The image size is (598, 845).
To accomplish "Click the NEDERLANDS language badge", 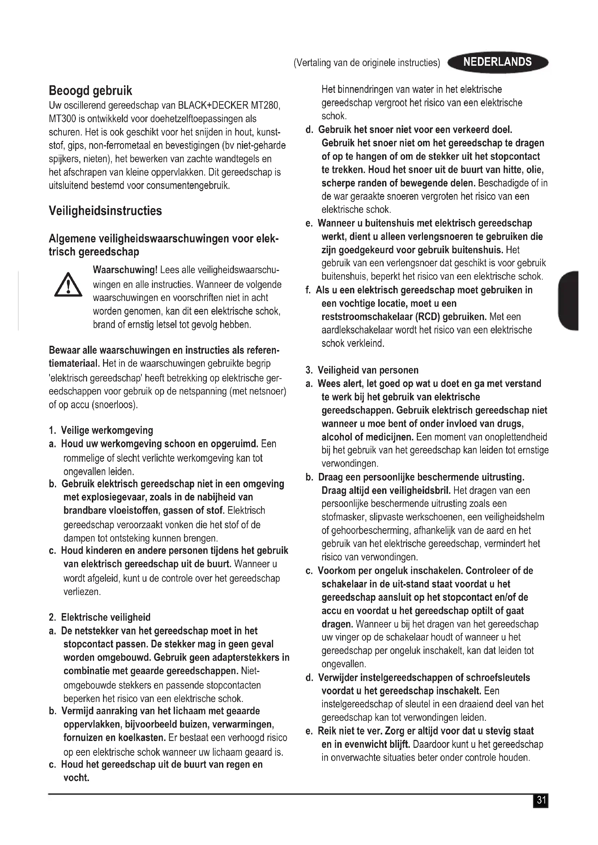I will [x=497, y=62].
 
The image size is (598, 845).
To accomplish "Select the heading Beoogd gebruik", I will [x=90, y=91].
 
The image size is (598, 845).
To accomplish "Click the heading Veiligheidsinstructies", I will [x=105, y=211].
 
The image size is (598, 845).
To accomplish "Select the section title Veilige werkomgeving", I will [x=107, y=430].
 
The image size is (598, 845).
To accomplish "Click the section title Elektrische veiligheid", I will [x=106, y=617].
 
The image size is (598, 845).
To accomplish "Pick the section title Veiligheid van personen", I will [x=368, y=370].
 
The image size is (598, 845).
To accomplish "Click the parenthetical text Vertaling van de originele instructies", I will [x=367, y=63].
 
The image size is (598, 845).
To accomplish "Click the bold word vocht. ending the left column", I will [x=77, y=778].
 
